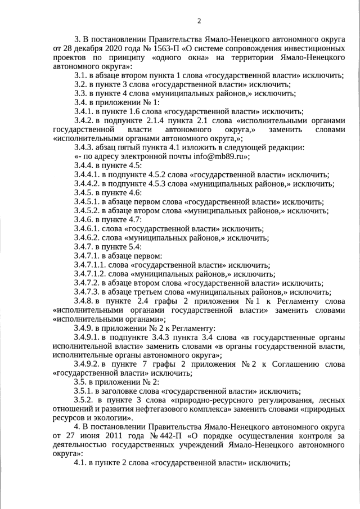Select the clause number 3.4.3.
85,148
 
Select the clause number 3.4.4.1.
88,175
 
